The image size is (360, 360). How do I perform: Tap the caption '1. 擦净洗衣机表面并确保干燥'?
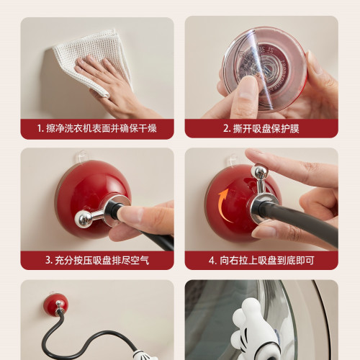97,130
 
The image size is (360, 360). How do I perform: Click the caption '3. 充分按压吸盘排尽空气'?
97,260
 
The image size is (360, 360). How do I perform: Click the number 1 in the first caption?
42,130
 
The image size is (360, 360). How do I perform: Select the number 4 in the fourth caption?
212,260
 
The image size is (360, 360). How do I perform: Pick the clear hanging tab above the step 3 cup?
83,155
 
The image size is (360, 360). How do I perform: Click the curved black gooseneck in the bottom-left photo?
94,338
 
